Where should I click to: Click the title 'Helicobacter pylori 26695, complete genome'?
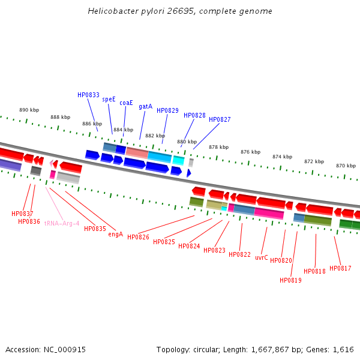click(180, 11)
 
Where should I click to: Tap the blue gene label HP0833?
click(88, 95)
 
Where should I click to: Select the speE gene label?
click(109, 100)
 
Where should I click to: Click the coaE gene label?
click(126, 103)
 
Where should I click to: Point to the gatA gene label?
click(145, 106)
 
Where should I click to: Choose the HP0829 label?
click(167, 110)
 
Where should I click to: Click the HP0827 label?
click(220, 119)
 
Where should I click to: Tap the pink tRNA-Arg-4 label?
click(62, 223)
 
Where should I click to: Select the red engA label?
click(115, 234)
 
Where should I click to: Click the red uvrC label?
click(261, 257)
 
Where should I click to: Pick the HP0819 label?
click(290, 280)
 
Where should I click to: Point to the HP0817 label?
click(340, 268)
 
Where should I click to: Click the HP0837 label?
click(22, 214)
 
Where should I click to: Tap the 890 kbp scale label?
click(29, 110)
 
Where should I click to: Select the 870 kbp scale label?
click(346, 166)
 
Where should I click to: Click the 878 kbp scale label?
click(218, 147)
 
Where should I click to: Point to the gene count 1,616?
click(343, 349)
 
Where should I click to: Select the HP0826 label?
click(138, 237)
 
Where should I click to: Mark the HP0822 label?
click(239, 254)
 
